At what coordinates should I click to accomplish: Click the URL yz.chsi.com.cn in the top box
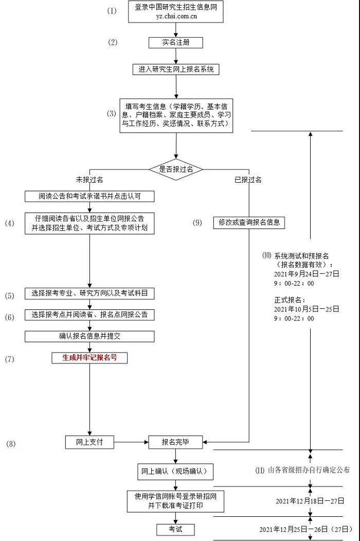[x=176, y=16]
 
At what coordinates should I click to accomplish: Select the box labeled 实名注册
[x=175, y=43]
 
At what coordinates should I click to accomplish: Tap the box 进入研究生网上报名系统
[x=175, y=69]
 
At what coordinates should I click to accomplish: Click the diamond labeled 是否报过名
[x=176, y=169]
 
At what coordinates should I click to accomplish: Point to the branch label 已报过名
[x=248, y=180]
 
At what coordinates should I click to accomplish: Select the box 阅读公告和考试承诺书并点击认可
[x=89, y=196]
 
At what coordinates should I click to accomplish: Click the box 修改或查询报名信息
[x=249, y=222]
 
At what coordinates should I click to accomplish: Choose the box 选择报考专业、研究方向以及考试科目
[x=89, y=294]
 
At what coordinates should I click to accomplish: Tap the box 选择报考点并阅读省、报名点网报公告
[x=89, y=315]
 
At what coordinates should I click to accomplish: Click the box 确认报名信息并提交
[x=89, y=336]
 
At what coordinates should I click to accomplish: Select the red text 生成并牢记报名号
[x=89, y=357]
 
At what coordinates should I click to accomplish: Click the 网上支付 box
[x=89, y=442]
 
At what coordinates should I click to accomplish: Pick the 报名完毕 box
[x=175, y=442]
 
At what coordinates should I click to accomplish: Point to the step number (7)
[x=10, y=359]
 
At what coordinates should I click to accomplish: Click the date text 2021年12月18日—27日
[x=310, y=501]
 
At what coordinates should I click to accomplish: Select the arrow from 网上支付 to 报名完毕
[x=131, y=442]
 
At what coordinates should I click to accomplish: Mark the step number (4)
[x=10, y=223]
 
